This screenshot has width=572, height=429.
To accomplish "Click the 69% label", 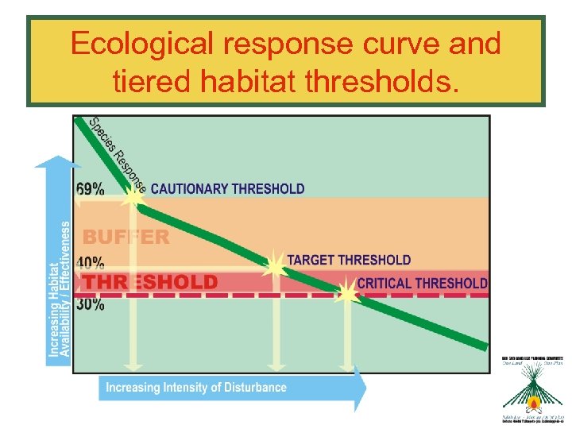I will [90, 189].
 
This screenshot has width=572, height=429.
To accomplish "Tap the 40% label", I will [90, 261].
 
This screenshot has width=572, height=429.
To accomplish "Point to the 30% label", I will [90, 305].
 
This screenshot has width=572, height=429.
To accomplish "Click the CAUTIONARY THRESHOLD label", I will [227, 189].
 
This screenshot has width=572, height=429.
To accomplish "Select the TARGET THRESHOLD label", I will [349, 260].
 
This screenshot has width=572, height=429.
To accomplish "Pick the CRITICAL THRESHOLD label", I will [422, 283].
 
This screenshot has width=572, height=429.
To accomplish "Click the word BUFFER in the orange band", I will [126, 237].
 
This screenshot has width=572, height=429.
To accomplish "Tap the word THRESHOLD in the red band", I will [151, 282].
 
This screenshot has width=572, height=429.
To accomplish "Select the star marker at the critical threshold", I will [347, 293].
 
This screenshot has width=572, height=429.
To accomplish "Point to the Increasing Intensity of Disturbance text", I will [196, 388].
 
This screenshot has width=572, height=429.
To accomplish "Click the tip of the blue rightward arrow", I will [366, 388].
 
